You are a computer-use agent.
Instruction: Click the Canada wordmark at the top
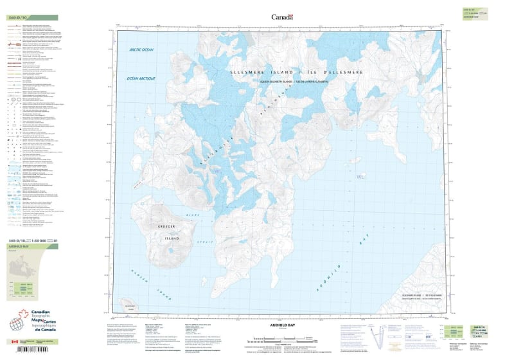(x=282, y=17)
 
